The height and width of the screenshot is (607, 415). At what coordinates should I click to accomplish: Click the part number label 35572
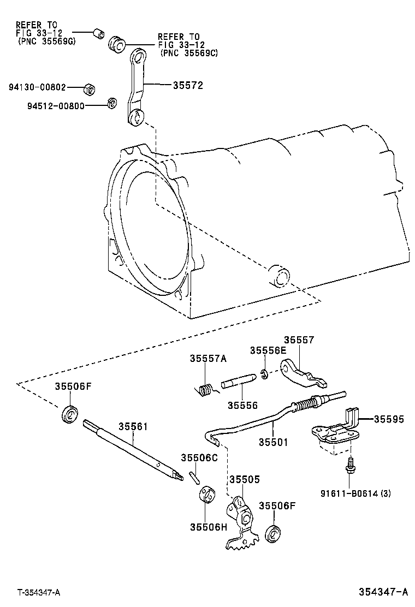coord(188,85)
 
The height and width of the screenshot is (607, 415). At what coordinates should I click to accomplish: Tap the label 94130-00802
coord(37,87)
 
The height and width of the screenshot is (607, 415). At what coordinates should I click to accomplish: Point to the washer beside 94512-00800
coord(111,103)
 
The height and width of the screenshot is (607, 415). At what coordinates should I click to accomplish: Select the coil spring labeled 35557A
coord(205,390)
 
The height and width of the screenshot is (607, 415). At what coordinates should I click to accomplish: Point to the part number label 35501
coord(273,442)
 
